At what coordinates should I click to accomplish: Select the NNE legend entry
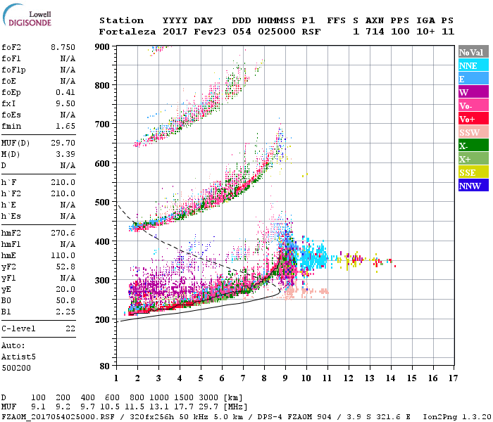point(473,65)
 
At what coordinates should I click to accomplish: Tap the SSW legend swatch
point(473,132)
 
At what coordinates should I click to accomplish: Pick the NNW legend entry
point(473,186)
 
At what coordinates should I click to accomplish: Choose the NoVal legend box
point(473,52)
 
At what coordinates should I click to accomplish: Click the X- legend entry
point(473,146)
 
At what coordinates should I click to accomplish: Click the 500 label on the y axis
point(104,203)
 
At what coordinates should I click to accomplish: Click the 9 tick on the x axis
point(285,378)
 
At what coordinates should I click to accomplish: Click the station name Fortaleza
point(122,32)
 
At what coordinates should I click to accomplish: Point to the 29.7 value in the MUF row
point(213,406)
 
